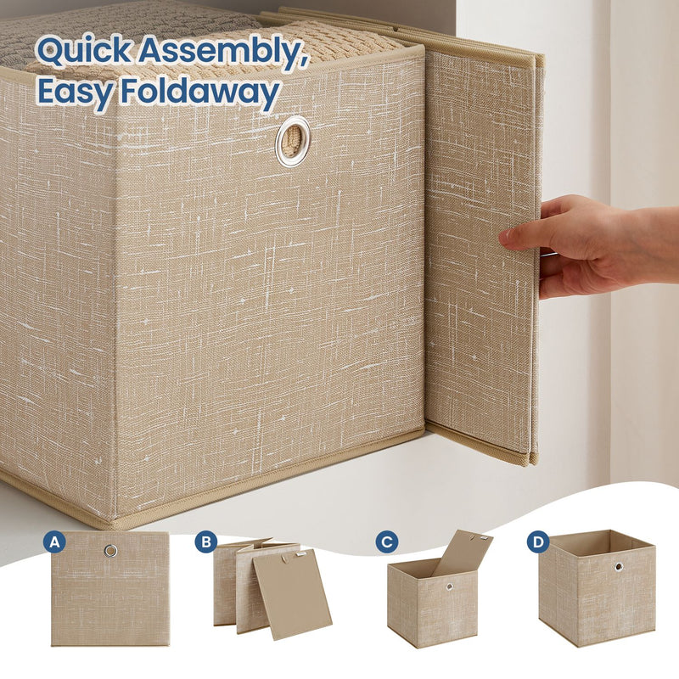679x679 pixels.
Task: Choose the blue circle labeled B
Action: click(x=205, y=542)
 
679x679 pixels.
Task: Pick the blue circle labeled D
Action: click(x=537, y=542)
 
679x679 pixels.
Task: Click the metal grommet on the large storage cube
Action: click(x=293, y=140)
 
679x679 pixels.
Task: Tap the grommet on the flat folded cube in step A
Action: click(x=110, y=551)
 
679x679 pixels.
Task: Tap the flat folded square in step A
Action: click(x=109, y=594)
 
